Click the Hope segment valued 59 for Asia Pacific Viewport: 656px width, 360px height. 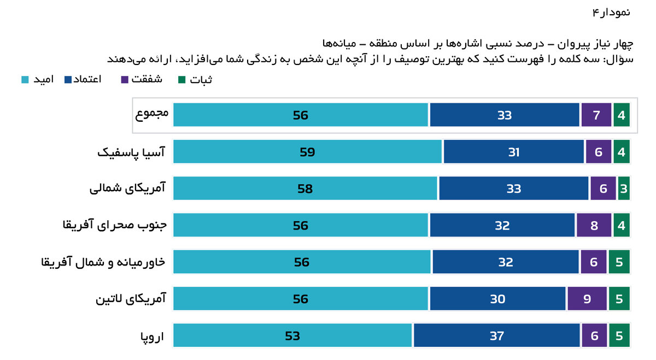[x=307, y=152]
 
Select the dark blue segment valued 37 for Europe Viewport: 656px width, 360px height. [x=496, y=335]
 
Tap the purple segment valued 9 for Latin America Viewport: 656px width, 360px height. [x=587, y=299]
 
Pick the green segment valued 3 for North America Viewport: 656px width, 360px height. [x=624, y=188]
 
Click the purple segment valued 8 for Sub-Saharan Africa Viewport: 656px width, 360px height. [x=594, y=225]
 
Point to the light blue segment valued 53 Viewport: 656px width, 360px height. [x=292, y=335]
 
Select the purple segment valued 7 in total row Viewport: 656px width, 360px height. [x=596, y=115]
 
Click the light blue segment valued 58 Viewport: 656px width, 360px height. [x=305, y=188]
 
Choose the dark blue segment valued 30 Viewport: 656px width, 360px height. [x=497, y=299]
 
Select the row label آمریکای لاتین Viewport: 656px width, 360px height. [x=131, y=299]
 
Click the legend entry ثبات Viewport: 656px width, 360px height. [x=196, y=80]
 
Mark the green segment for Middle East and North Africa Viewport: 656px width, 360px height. [x=619, y=262]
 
